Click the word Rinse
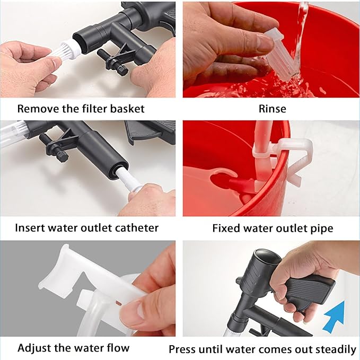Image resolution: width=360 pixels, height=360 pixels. coord(273,109)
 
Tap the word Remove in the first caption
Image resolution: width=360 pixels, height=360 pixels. coord(36,109)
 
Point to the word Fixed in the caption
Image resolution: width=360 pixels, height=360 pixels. coord(225,229)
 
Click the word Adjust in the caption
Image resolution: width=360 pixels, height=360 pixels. coord(33,348)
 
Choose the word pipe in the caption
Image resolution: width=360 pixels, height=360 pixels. coord(322,229)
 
